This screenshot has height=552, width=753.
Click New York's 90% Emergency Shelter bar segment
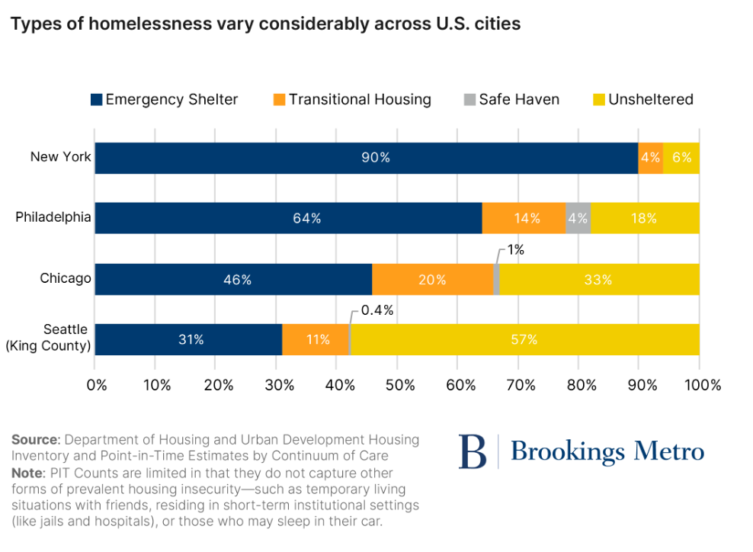coord(366,158)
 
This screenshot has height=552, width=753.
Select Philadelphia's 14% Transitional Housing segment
coord(524,218)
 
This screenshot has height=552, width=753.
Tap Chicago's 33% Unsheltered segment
coord(599,280)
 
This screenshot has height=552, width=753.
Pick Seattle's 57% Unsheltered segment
coord(524,340)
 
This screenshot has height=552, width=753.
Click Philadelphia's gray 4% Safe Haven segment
coord(578,218)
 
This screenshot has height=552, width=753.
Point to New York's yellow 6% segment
coord(681,158)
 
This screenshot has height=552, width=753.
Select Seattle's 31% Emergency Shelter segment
coord(188,340)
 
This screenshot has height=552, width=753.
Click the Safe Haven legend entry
coord(511,100)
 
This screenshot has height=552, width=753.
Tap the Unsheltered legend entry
coord(643,100)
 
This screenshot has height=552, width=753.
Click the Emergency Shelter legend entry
coord(164,100)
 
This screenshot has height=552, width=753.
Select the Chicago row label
coord(66,278)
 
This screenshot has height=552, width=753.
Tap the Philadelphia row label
coord(53,217)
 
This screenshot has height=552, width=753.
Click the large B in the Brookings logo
coord(472,451)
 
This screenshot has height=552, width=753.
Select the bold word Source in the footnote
coord(35,440)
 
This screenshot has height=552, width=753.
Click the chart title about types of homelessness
coord(265,24)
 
